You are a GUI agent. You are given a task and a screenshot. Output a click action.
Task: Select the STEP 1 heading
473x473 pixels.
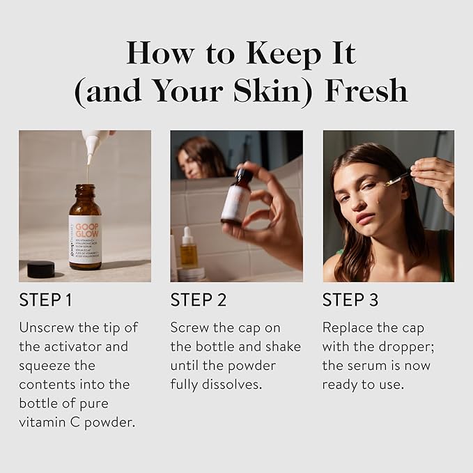pyautogui.click(x=45, y=300)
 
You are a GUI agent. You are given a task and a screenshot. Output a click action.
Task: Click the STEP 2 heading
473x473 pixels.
pyautogui.click(x=198, y=300)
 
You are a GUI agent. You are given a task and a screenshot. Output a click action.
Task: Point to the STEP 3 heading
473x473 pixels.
pyautogui.click(x=350, y=300)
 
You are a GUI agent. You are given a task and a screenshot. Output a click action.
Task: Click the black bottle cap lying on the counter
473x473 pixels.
pyautogui.click(x=40, y=269)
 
